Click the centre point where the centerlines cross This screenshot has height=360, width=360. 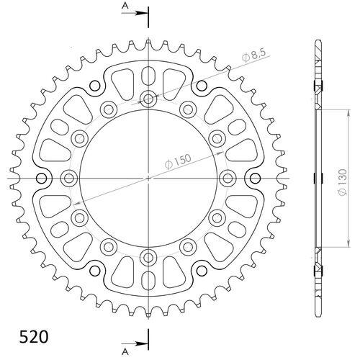click(x=148, y=177)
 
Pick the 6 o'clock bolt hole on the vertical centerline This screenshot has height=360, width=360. click(x=148, y=256)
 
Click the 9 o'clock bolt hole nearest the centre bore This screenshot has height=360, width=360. click(x=70, y=177)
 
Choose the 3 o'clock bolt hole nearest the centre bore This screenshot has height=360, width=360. click(x=227, y=177)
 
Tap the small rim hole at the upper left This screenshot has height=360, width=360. click(x=94, y=86)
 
